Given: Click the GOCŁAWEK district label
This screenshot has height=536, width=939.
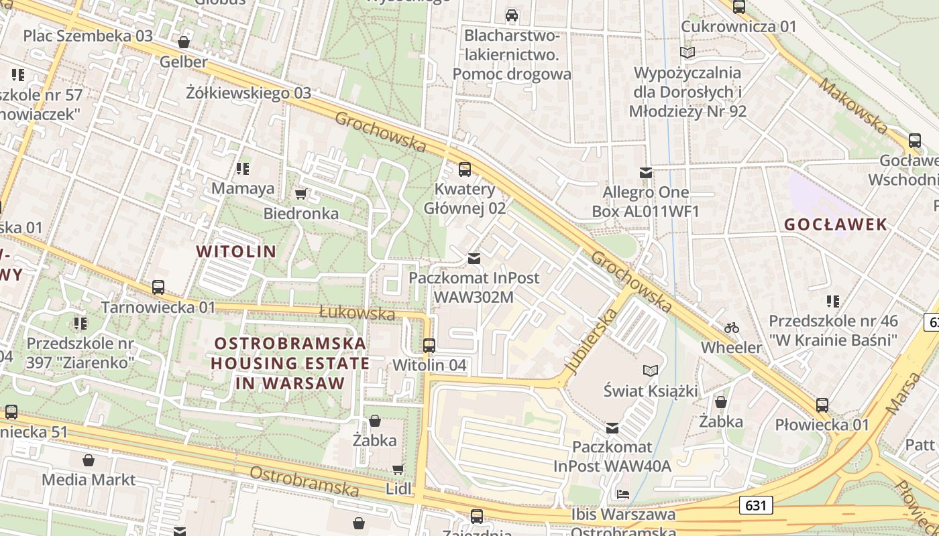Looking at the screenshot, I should coord(836,224).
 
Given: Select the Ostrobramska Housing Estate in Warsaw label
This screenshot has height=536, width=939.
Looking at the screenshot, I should coord(290,363).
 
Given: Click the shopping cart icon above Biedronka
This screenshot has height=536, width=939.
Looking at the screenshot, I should coord(300,194).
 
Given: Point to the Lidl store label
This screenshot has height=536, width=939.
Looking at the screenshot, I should coord(398,488).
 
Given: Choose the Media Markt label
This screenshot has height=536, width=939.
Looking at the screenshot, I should coord(89,479).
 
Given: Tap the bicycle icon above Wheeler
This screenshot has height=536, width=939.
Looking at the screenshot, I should coord(732,328).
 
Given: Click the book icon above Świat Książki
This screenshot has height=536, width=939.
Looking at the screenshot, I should coord(650,371).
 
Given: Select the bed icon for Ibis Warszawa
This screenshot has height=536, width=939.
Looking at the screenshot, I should coord(623,495).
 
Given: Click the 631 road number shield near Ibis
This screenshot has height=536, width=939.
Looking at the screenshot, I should coord(756,505).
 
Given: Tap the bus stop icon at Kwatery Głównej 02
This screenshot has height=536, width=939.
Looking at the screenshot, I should coord(464,169).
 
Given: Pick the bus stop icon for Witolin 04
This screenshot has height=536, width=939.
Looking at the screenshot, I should coord(429,346).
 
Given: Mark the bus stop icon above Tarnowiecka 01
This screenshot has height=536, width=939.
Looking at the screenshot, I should coord(158,287).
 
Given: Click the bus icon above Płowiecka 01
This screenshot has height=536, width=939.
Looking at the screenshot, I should coord(822,405).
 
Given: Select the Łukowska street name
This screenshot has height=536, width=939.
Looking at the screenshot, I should coord(357,313).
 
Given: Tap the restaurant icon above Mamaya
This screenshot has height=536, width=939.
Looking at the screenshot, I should coord(243,168).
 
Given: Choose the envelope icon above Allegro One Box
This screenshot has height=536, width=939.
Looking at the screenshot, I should coord(645,173).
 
